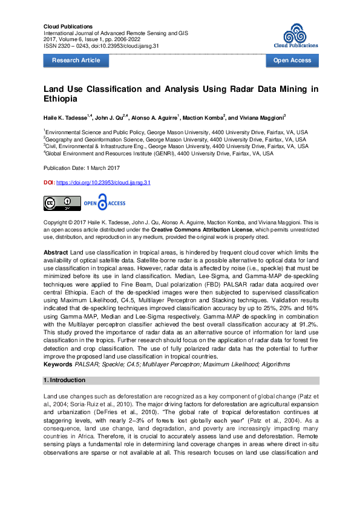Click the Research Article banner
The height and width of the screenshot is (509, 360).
(76, 60)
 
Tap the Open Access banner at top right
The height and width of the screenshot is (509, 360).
(292, 60)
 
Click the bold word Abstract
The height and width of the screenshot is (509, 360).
(56, 251)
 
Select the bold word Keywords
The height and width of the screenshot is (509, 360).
(58, 365)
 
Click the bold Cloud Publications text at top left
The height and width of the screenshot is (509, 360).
(68, 27)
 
